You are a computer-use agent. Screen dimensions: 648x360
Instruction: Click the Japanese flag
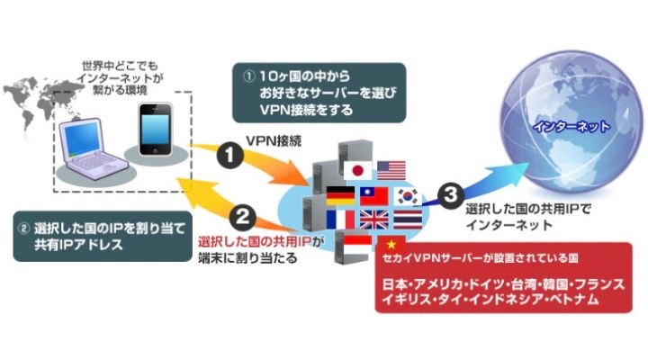point(358,171)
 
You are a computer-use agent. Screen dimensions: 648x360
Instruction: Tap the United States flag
point(391,171)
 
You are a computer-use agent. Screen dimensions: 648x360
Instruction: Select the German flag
point(340,196)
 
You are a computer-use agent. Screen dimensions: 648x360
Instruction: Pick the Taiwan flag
point(374,196)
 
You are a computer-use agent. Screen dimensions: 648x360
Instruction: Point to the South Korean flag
point(408,196)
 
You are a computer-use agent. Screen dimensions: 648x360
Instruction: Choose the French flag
point(340,220)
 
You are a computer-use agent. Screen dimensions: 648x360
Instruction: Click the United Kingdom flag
point(374,220)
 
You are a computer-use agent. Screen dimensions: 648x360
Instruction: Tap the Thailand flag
point(408,220)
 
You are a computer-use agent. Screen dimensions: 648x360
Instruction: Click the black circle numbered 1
point(229,156)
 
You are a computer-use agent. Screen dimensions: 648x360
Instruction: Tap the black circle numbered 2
point(243,217)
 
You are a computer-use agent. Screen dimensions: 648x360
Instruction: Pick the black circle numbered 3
point(450,194)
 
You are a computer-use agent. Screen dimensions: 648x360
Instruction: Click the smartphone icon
point(156,130)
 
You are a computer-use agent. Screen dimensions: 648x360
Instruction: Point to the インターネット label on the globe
point(571,126)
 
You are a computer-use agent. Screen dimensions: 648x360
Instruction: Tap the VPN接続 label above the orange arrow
point(274,141)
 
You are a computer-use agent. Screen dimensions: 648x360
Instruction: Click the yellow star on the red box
point(391,245)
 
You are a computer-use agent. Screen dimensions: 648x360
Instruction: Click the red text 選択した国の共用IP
point(254,241)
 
